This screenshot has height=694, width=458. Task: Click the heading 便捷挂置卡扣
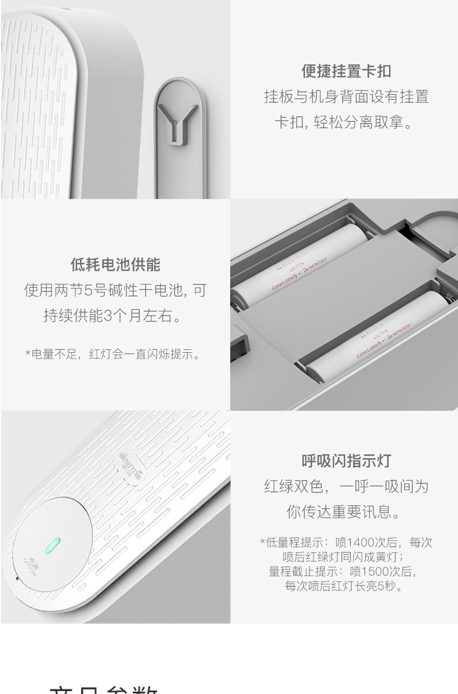[x=346, y=71]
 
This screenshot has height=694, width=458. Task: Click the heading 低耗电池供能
[x=115, y=265]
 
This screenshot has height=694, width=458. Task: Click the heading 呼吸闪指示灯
[x=346, y=461]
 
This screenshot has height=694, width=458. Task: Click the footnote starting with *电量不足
[x=115, y=354]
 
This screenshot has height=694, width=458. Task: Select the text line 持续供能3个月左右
[x=115, y=316]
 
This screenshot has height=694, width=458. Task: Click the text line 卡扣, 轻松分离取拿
[x=346, y=122]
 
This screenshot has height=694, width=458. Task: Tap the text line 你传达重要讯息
[x=346, y=512]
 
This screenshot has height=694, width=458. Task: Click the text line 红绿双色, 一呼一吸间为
[x=346, y=486]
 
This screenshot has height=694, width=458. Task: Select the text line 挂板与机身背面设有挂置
[x=346, y=97]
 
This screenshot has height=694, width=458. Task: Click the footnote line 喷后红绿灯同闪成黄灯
[x=346, y=557]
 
